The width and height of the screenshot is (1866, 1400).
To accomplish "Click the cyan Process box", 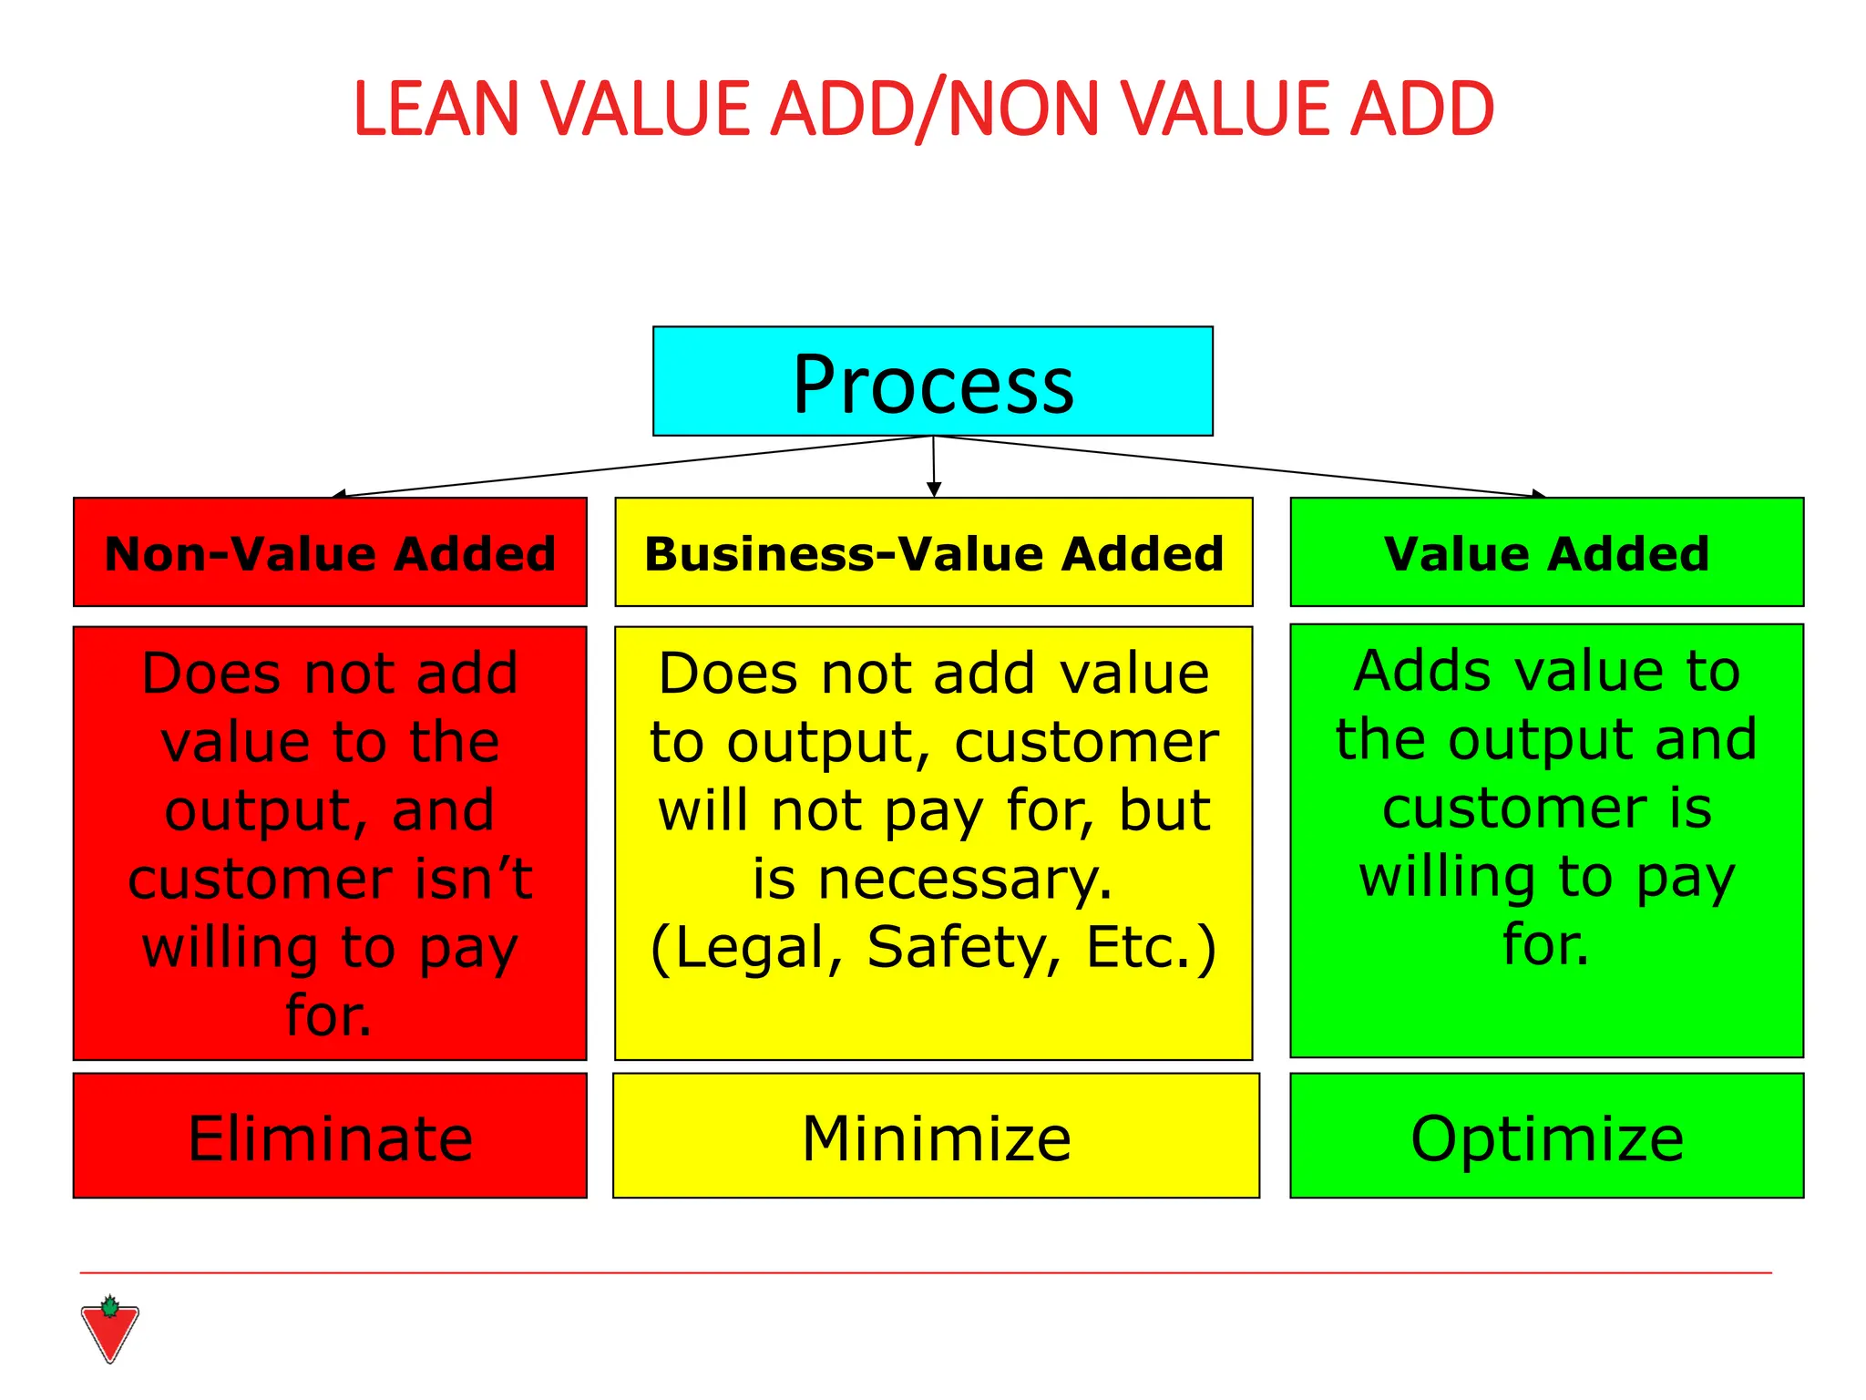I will click(x=932, y=381).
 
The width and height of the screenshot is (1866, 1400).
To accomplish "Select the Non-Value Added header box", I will click(x=330, y=552).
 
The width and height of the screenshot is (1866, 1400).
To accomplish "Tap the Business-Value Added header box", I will click(x=933, y=552).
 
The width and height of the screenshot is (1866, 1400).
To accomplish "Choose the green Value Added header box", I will click(x=1546, y=552).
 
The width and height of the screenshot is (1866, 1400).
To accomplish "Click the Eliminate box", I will click(x=330, y=1136).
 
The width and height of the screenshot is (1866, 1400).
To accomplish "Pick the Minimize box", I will click(x=936, y=1136).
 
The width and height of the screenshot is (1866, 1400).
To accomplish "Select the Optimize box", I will click(x=1546, y=1136).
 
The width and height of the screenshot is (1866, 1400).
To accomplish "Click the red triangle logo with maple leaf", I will click(x=109, y=1330).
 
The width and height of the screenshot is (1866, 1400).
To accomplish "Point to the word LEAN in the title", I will click(x=436, y=109).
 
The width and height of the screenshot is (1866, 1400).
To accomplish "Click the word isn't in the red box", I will click(x=474, y=879).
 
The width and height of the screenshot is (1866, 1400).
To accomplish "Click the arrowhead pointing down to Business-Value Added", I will click(x=933, y=489).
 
